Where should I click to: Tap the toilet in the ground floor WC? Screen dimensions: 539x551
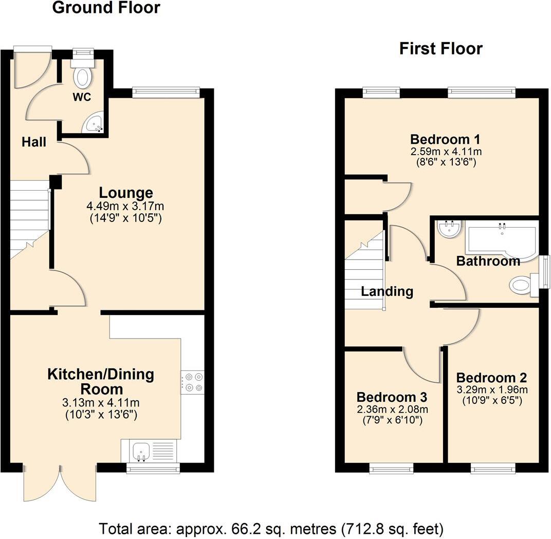[82, 75]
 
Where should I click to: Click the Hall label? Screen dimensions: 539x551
[34, 142]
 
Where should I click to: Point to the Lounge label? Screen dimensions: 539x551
[126, 193]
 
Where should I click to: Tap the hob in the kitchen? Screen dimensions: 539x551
[192, 382]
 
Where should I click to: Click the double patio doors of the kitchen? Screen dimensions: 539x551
[60, 483]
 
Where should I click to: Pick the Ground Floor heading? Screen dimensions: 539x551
[106, 8]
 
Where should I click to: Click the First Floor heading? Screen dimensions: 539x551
[440, 49]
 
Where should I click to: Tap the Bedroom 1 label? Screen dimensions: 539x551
[445, 139]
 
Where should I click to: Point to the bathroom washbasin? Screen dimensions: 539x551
[450, 229]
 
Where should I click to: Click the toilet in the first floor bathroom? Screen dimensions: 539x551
[522, 285]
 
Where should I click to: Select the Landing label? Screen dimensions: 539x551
[387, 292]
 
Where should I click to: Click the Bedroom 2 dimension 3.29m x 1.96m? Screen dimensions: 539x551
[491, 389]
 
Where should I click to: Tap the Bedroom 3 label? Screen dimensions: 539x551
[392, 397]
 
